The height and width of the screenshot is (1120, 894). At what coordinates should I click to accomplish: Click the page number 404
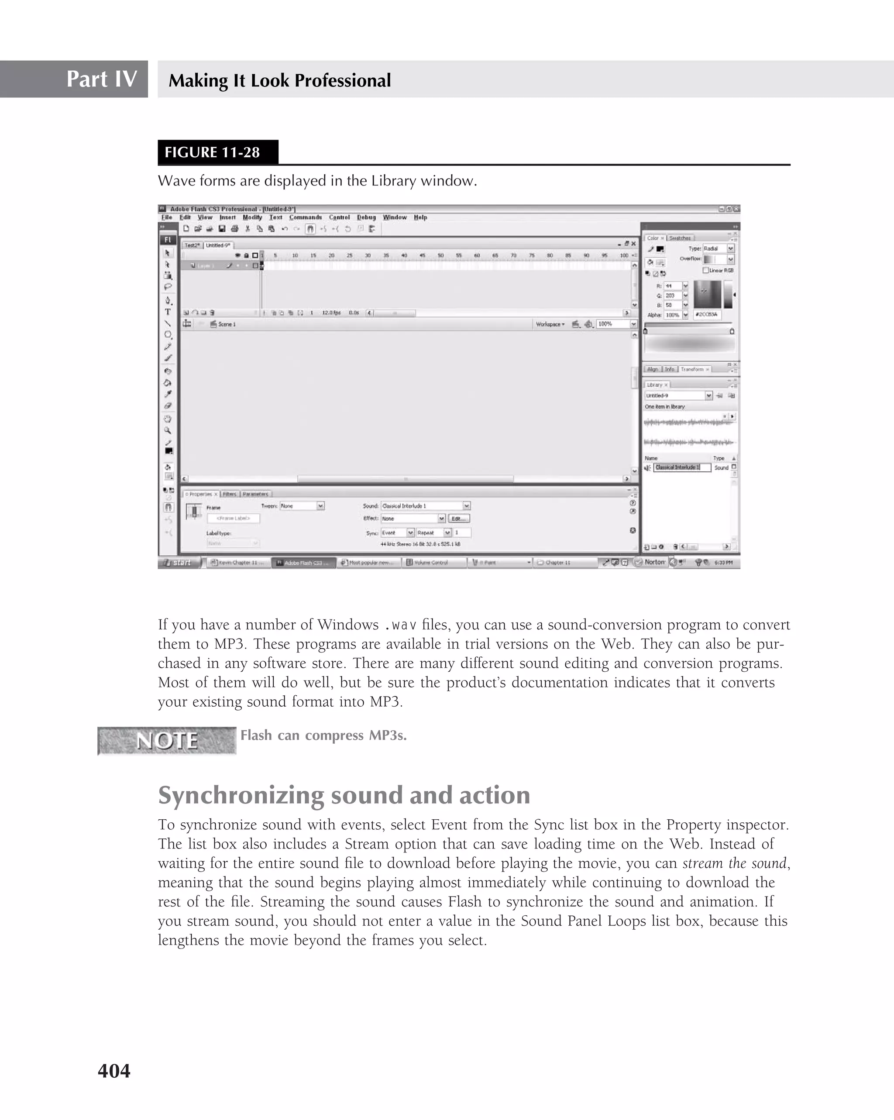114,1071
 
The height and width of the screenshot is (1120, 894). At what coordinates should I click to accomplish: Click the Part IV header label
101,79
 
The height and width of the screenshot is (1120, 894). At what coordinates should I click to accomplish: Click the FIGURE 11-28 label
212,152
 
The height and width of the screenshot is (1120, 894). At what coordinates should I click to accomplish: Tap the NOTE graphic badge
167,740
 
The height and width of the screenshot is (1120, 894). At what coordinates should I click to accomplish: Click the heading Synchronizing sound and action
344,795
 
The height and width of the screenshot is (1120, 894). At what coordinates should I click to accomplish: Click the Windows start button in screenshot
179,563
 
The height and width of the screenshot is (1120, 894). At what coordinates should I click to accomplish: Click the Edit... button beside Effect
459,519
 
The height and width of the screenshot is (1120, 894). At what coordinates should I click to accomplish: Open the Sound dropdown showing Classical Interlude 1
425,506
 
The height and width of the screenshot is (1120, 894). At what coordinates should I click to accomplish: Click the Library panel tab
656,385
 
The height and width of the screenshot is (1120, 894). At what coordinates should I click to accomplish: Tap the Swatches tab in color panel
680,238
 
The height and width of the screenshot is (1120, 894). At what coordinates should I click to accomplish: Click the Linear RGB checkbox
705,270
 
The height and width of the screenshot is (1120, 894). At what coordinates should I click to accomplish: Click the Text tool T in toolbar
168,312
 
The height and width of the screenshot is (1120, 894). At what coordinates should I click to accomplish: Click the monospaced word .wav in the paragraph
400,625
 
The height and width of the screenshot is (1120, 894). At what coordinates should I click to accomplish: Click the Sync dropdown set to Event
397,533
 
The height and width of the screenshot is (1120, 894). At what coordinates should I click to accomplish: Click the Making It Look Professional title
279,80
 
